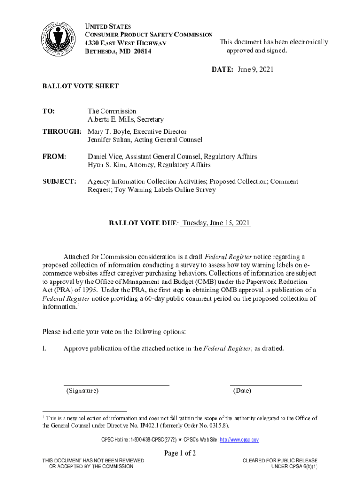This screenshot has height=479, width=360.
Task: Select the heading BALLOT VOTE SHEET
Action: click(80, 86)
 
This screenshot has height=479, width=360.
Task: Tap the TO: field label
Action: click(49, 111)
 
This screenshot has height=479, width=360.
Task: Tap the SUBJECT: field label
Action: click(59, 181)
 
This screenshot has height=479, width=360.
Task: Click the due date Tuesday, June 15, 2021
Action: click(216, 223)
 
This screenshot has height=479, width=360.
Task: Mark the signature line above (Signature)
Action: click(116, 385)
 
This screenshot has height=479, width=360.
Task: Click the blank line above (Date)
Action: click(266, 385)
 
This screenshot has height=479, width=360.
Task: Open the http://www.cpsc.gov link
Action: click(239, 440)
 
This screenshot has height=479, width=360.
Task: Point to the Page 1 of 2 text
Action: click(180, 453)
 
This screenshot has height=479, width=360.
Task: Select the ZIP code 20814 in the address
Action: click(143, 51)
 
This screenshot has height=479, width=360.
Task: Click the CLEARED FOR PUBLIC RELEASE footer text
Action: click(280, 461)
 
